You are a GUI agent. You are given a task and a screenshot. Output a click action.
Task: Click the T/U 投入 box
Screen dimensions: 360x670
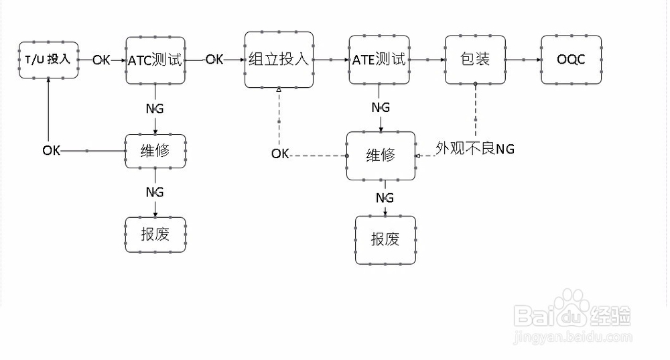(x=48, y=60)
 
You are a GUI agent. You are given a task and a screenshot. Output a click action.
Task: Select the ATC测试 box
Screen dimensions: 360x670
(x=155, y=60)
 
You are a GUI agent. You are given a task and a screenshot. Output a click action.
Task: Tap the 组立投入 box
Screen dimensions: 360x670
(x=279, y=60)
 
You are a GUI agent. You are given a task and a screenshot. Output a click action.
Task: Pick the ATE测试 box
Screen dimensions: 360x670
(x=379, y=60)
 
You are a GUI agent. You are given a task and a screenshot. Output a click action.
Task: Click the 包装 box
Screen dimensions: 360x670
(x=475, y=60)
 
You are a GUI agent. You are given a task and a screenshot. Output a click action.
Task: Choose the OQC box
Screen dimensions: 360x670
(x=571, y=60)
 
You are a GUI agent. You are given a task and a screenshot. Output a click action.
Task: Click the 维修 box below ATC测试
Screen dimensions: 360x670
(x=155, y=151)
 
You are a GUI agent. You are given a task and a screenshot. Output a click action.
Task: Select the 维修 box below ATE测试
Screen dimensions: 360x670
(x=381, y=156)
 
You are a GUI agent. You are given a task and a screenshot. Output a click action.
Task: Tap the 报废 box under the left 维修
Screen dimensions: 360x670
(x=155, y=235)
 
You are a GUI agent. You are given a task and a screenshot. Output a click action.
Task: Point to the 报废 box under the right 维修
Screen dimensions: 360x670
(x=385, y=239)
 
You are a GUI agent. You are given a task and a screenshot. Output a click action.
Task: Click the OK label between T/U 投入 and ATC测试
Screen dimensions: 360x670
(x=102, y=60)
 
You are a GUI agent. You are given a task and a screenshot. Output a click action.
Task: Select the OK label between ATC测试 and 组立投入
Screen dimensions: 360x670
(x=214, y=60)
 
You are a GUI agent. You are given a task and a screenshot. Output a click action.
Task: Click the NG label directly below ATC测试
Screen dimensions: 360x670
(x=155, y=108)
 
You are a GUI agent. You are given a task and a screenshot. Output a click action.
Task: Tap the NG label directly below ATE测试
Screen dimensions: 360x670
(x=381, y=108)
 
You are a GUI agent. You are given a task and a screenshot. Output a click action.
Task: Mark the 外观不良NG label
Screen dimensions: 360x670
(x=475, y=149)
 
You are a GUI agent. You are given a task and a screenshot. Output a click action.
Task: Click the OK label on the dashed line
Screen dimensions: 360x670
(x=280, y=154)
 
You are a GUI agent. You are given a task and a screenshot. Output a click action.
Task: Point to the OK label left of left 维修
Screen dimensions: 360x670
(x=52, y=150)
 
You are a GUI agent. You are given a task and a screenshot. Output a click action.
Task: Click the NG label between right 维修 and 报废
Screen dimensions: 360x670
(x=385, y=198)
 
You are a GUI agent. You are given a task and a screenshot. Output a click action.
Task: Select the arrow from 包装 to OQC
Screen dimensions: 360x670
(x=523, y=60)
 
